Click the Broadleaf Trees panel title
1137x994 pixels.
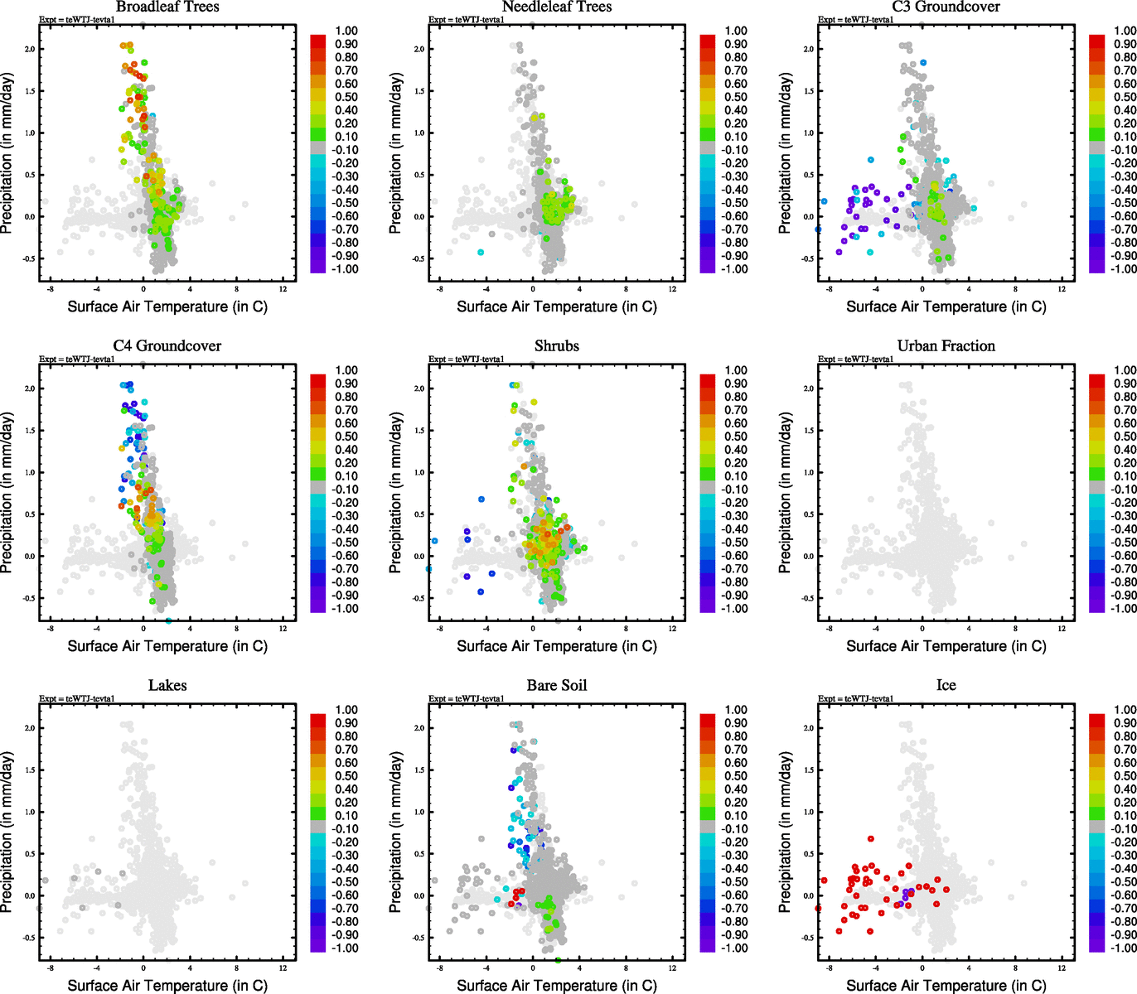167,7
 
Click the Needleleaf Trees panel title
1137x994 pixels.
557,7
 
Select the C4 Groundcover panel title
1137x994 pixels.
167,346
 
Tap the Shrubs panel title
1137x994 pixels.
557,346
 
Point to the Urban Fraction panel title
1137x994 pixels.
946,346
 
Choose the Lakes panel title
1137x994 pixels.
167,686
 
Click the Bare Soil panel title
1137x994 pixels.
557,686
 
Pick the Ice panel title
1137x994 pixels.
946,686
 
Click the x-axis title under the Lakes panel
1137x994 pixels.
167,986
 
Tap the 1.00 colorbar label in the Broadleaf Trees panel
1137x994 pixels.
346,31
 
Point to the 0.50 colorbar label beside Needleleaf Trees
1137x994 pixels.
736,97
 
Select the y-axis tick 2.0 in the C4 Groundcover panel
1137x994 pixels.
30,388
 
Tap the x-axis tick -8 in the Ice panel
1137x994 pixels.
829,968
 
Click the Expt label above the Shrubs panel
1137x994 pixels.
467,359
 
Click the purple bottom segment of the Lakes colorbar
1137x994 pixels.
317,945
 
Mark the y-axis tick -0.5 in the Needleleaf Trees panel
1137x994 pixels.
419,259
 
